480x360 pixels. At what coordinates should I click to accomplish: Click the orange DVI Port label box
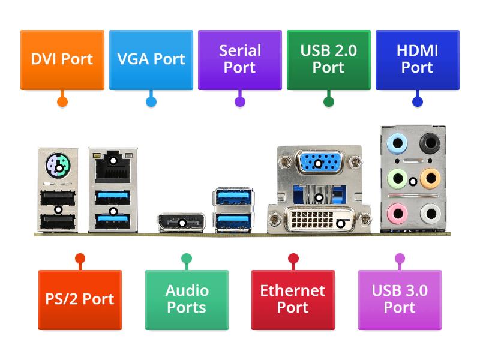point(62,59)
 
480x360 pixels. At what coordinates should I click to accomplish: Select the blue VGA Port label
point(151,59)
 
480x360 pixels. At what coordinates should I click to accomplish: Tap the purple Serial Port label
point(239,59)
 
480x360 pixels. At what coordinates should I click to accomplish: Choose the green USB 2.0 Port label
point(328,59)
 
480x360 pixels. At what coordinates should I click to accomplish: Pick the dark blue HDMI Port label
point(417,59)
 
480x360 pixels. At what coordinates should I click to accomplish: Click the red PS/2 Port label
point(80,299)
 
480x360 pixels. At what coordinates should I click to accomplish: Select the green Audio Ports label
point(187,299)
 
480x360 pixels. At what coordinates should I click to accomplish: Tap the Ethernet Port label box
point(293,299)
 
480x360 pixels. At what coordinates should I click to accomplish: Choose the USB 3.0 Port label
point(400,299)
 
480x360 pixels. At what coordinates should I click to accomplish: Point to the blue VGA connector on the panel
point(319,162)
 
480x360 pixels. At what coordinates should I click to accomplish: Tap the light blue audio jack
point(395,143)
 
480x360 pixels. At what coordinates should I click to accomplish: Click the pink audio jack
point(395,213)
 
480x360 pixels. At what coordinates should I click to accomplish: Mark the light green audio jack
point(395,178)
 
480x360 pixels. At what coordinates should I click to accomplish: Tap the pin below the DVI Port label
point(62,101)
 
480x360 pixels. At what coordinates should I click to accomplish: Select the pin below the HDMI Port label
point(417,101)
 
